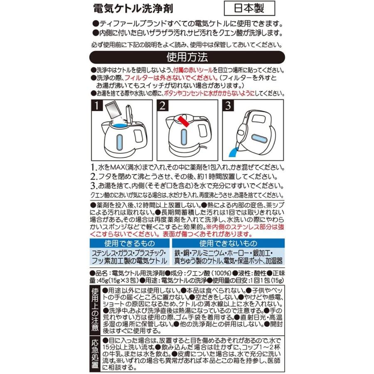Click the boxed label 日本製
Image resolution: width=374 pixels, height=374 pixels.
pyautogui.click(x=250, y=8)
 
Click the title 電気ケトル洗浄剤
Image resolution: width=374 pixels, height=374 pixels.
pyautogui.click(x=133, y=8)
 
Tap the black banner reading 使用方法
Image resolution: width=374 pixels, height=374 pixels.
pyautogui.click(x=187, y=56)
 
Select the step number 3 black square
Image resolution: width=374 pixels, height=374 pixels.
pyautogui.click(x=228, y=106)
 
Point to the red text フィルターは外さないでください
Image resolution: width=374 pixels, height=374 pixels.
pyautogui.click(x=181, y=78)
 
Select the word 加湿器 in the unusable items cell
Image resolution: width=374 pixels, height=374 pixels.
pyautogui.click(x=273, y=262)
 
